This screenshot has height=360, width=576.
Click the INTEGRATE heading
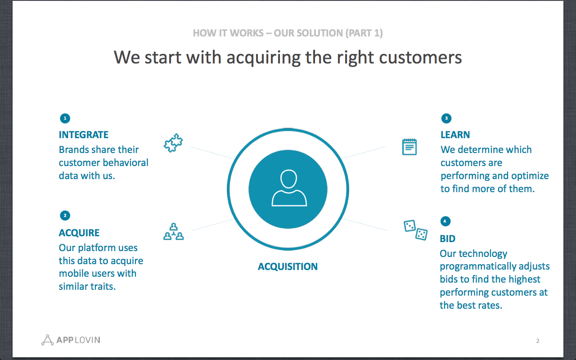(84, 135)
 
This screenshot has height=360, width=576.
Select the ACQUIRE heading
(79, 233)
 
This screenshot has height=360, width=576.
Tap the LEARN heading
(455, 135)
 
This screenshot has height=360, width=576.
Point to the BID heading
(447, 238)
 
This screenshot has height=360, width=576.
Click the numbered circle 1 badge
(65, 118)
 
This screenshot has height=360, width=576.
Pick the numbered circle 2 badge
(65, 216)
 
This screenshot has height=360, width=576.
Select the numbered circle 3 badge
(446, 118)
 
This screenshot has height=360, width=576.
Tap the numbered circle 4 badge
(445, 221)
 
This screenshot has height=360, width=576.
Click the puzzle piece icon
(173, 143)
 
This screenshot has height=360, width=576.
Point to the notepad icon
(409, 147)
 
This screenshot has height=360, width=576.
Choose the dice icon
(415, 230)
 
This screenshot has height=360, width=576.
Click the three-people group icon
(174, 231)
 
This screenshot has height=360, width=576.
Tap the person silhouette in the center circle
(289, 188)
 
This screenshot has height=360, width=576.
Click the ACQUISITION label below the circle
(288, 267)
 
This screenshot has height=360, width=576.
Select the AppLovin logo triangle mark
(47, 340)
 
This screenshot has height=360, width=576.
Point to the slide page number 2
(538, 341)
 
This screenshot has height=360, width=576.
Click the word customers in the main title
(420, 57)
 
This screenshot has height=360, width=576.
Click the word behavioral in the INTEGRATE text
(126, 162)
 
